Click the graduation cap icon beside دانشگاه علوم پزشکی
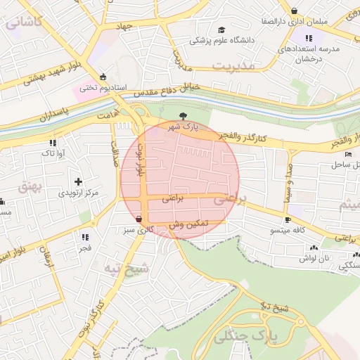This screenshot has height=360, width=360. pyautogui.click(x=222, y=30)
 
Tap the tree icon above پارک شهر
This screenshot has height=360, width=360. pyautogui.click(x=184, y=116)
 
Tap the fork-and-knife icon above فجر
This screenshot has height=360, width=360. pyautogui.click(x=85, y=238)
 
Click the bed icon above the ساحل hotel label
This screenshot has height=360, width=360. pyautogui.click(x=347, y=154)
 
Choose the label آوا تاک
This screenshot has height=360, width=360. pyautogui.click(x=53, y=153)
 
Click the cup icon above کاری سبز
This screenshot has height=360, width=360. pyautogui.click(x=138, y=219)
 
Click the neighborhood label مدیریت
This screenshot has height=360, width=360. pyautogui.click(x=232, y=67)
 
